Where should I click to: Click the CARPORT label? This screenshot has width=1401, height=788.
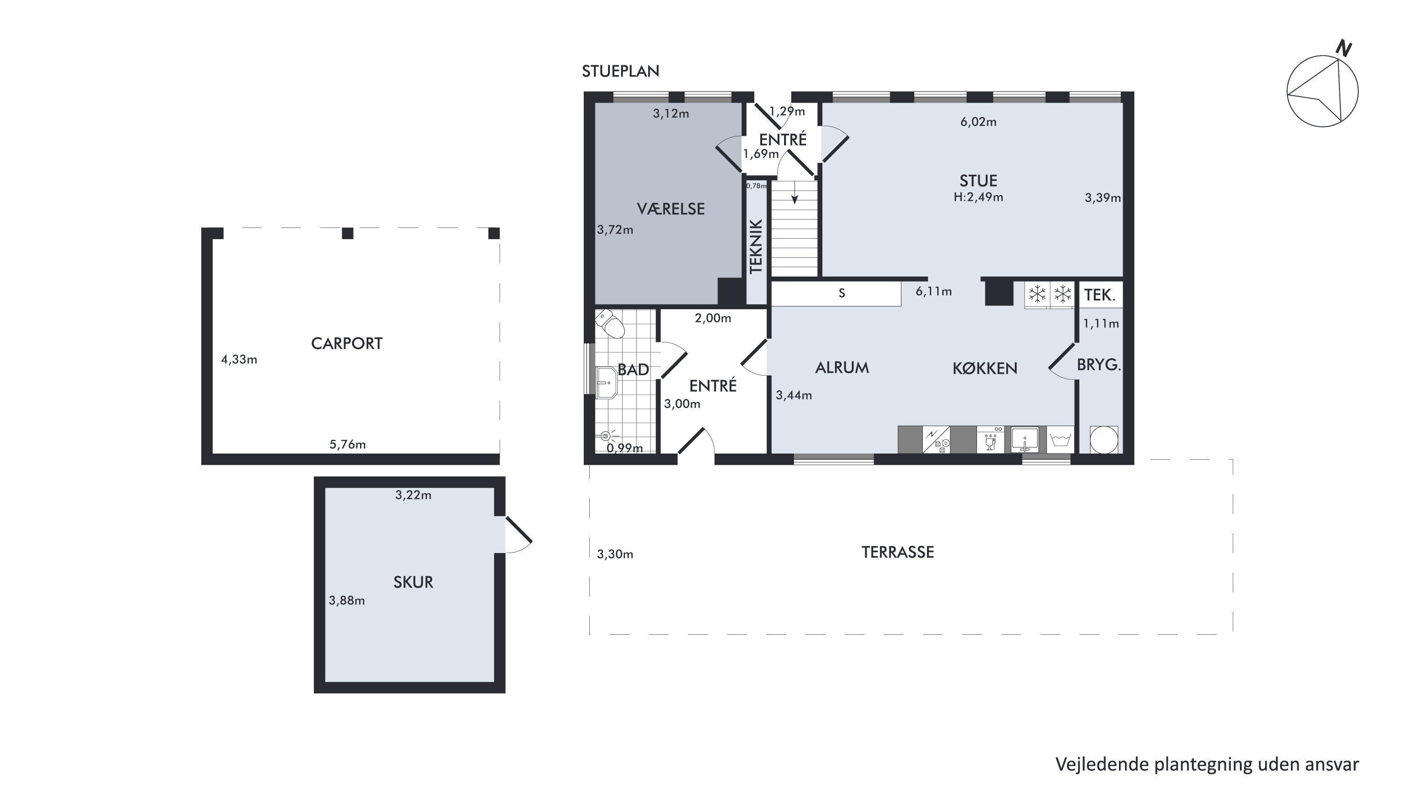tap(347, 344)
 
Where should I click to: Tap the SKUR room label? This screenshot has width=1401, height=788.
tap(413, 582)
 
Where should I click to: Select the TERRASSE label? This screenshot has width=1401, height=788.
tap(898, 553)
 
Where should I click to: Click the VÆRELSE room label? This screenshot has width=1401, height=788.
tap(671, 209)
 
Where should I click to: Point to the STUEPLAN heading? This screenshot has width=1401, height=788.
tap(621, 71)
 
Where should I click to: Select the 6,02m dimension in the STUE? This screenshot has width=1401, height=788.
tap(978, 122)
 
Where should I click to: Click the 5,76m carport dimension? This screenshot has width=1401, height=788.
tap(347, 444)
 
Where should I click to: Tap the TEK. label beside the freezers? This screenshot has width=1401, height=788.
tap(1100, 295)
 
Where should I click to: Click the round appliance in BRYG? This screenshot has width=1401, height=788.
tap(1104, 440)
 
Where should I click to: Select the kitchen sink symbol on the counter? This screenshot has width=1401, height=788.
tap(1025, 440)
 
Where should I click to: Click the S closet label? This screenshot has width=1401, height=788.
tap(842, 294)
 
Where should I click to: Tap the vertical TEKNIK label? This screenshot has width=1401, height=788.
tap(757, 246)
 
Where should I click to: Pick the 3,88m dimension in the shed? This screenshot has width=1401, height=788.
tap(347, 600)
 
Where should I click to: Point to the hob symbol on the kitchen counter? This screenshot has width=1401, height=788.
tap(936, 440)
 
